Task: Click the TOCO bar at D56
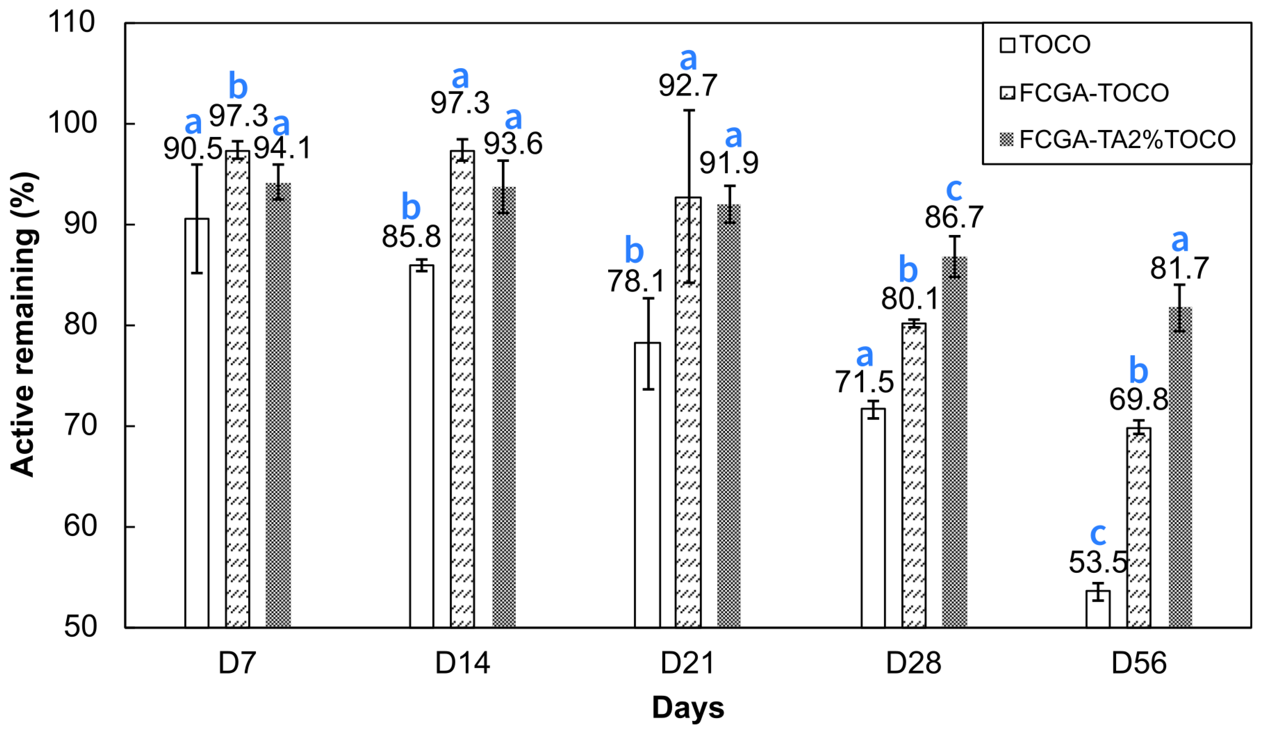coord(1098,609)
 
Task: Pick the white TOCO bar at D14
coord(422,446)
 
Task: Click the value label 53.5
coord(1098,562)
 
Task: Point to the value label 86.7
coord(954,217)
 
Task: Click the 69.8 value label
coord(1138,400)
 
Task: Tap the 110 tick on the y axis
coord(71,23)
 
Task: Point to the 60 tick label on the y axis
coord(80,526)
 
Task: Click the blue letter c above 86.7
coord(954,189)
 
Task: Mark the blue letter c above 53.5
coord(1098,534)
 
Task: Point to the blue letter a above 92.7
coord(688,59)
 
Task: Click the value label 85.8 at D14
coord(411,236)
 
